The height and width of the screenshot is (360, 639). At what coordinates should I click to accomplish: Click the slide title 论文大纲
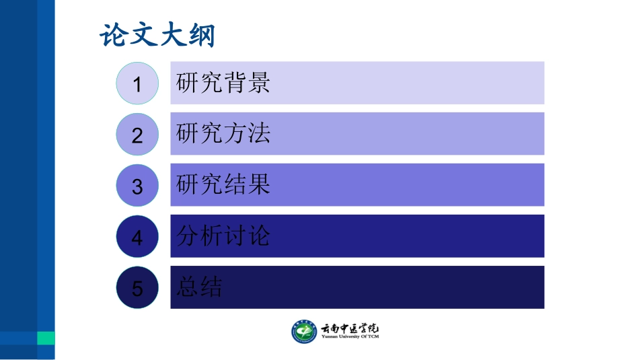(x=157, y=36)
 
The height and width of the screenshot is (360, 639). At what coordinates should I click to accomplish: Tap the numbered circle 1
(x=137, y=83)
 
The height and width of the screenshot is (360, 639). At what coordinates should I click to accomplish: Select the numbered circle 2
(x=137, y=135)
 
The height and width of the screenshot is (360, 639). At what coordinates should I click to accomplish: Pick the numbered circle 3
(x=137, y=186)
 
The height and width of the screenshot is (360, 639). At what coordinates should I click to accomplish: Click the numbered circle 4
(x=137, y=237)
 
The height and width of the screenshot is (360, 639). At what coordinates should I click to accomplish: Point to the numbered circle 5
(x=137, y=288)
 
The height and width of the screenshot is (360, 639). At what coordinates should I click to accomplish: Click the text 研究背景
(x=223, y=83)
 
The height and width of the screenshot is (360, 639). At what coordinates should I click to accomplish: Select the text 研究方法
(x=223, y=134)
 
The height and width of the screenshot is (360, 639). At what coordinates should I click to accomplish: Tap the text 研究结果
(x=223, y=184)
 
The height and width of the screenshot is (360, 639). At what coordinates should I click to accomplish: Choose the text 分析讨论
(x=223, y=236)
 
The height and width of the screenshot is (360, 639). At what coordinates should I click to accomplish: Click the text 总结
(x=199, y=287)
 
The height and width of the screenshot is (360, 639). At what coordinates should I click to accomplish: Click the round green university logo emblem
(x=304, y=331)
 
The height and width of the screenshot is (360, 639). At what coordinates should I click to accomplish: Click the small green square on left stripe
(x=46, y=338)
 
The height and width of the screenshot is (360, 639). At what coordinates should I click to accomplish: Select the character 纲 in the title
(x=200, y=36)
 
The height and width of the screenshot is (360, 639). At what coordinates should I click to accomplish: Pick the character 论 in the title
(x=114, y=36)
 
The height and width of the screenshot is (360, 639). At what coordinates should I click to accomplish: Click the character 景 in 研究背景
(x=258, y=83)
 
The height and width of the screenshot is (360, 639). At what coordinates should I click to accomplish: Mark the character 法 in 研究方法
(x=258, y=134)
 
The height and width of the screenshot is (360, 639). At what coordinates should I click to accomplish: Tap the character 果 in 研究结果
(x=258, y=184)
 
